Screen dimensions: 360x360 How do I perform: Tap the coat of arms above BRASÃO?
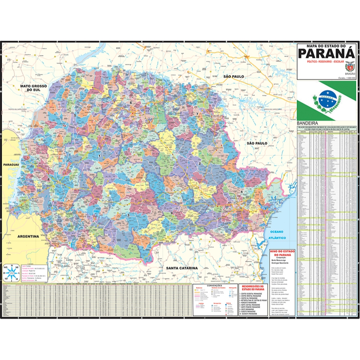(x=348, y=68)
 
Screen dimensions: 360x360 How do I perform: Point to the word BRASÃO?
(x=348, y=74)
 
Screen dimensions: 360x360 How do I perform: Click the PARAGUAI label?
(x=11, y=165)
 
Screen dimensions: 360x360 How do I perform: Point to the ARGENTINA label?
(x=28, y=236)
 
